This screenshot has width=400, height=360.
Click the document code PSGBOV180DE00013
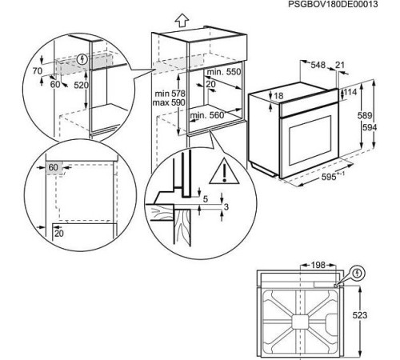click(351, 5)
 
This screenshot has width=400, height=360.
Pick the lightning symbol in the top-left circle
click(84, 58)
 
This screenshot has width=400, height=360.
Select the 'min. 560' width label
click(206, 115)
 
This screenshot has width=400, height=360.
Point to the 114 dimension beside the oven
click(350, 92)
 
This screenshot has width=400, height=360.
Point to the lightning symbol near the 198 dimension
click(357, 272)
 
